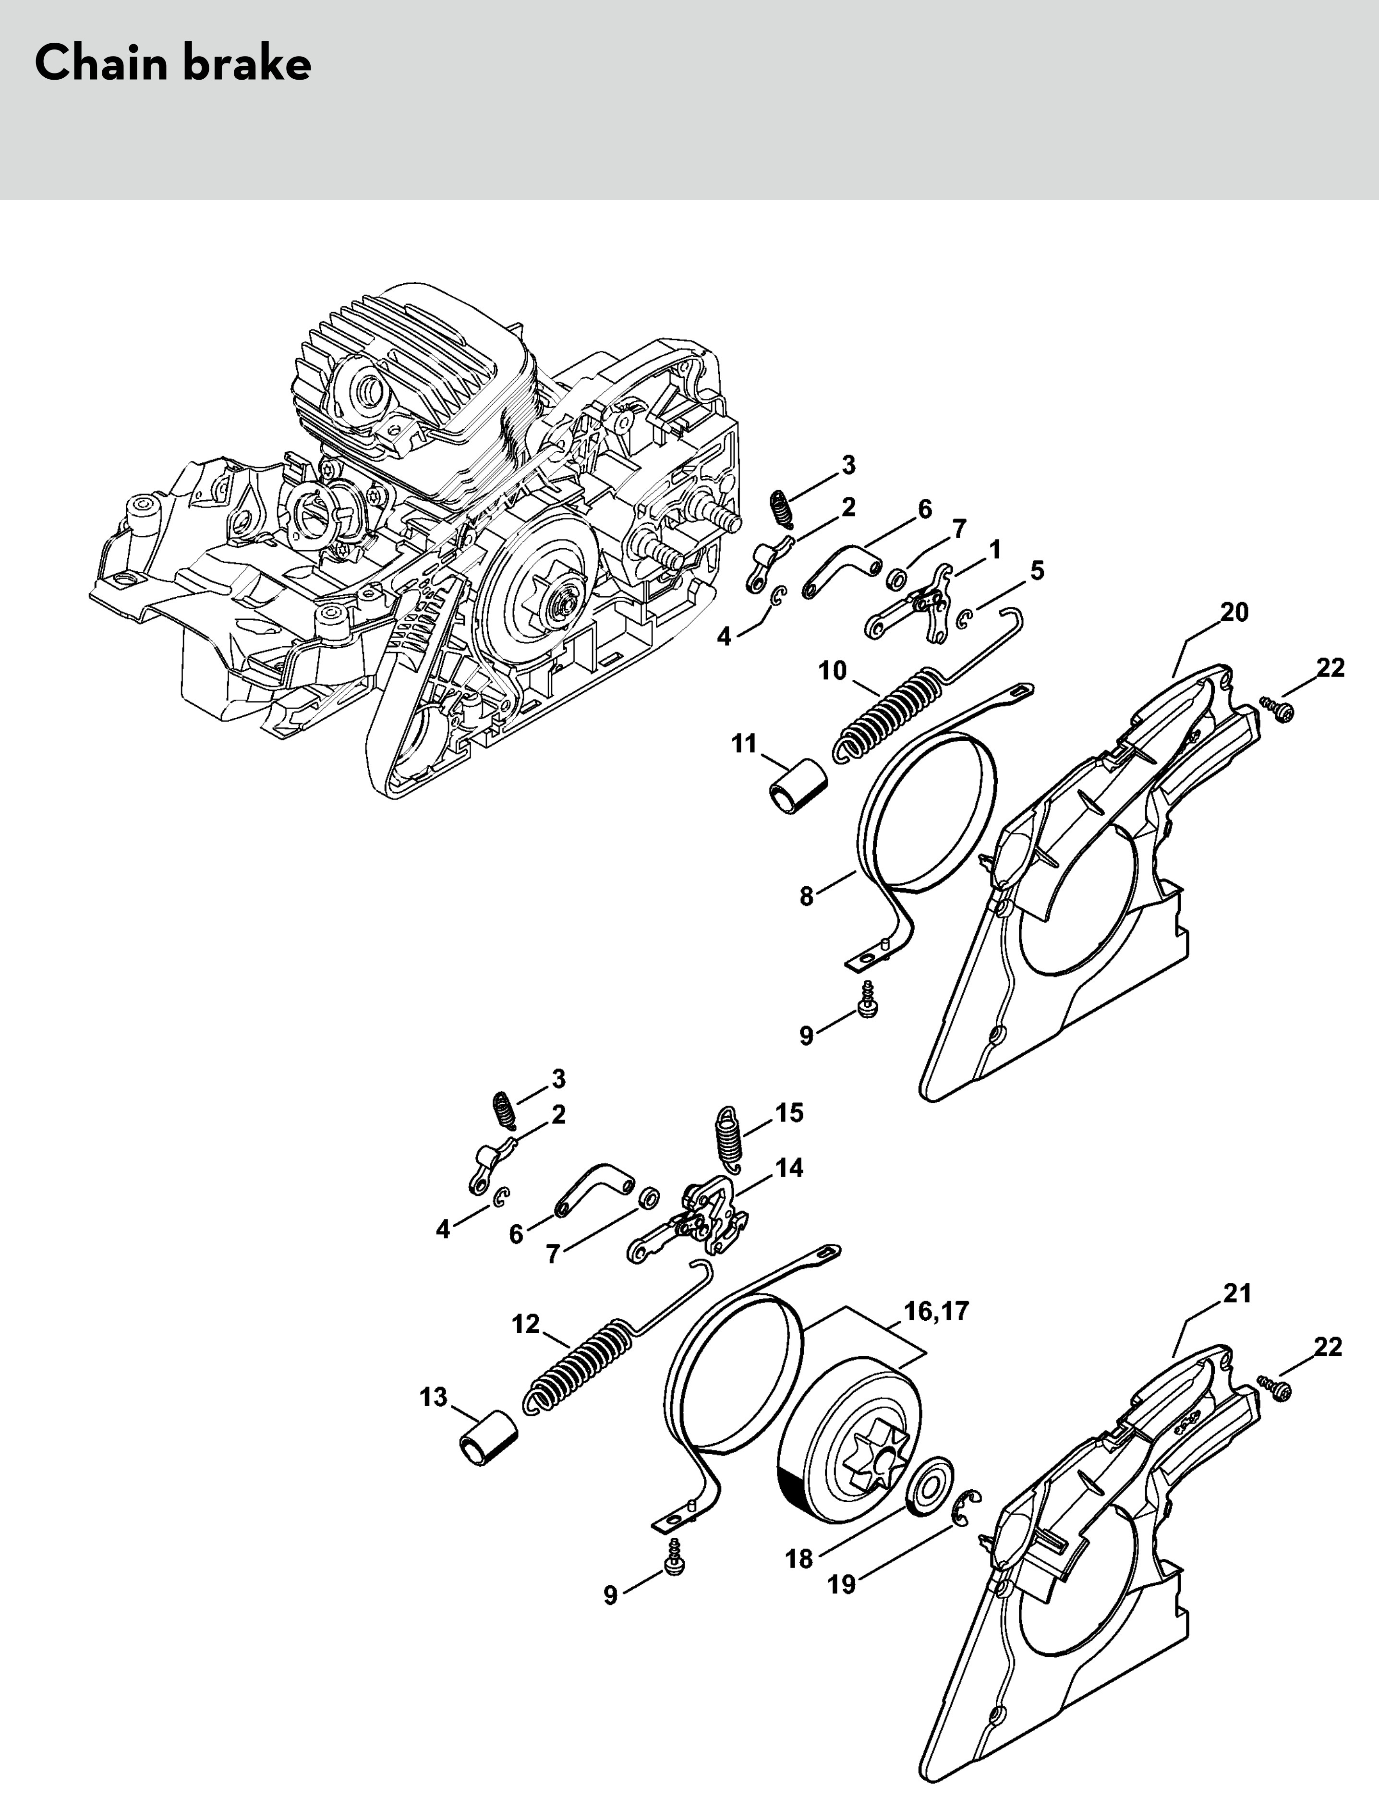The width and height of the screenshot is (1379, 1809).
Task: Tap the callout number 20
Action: tap(1234, 612)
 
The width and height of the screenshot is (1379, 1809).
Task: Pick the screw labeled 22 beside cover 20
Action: tap(1278, 708)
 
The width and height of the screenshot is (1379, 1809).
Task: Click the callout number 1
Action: tap(995, 549)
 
